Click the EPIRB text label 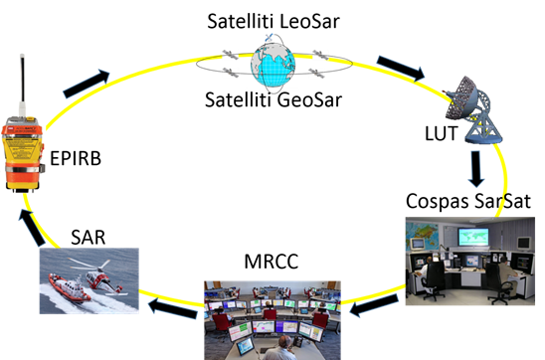(x=76, y=158)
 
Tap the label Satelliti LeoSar (x=273, y=21)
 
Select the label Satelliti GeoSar (x=273, y=99)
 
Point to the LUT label (x=442, y=133)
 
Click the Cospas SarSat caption (x=468, y=201)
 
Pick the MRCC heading (x=272, y=262)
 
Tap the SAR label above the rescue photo (x=88, y=238)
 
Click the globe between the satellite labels (x=273, y=67)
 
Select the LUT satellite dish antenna (x=473, y=109)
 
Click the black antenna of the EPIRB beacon (x=23, y=79)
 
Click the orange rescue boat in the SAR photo (x=69, y=287)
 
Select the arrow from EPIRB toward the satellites (x=87, y=84)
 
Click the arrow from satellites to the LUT (x=401, y=68)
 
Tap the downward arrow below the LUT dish (x=475, y=169)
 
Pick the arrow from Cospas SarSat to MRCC (x=374, y=305)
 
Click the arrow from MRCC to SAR (x=173, y=308)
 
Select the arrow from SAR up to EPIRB (x=32, y=228)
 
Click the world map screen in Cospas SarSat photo (x=473, y=237)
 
